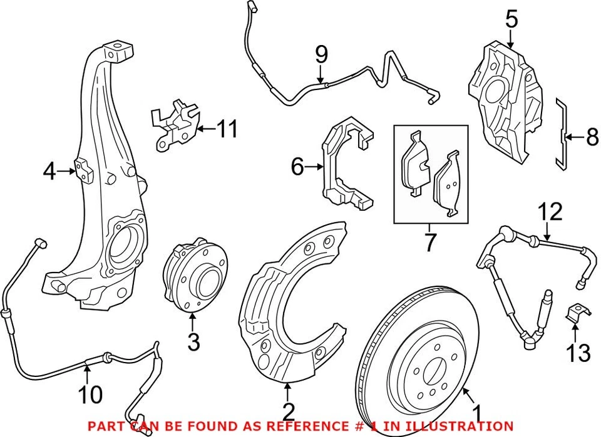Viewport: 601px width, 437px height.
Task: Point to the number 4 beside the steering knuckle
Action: (50, 169)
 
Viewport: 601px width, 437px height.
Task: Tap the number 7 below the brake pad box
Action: (429, 242)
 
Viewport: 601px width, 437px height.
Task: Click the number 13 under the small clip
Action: (578, 353)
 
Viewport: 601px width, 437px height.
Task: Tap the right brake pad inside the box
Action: (449, 184)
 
